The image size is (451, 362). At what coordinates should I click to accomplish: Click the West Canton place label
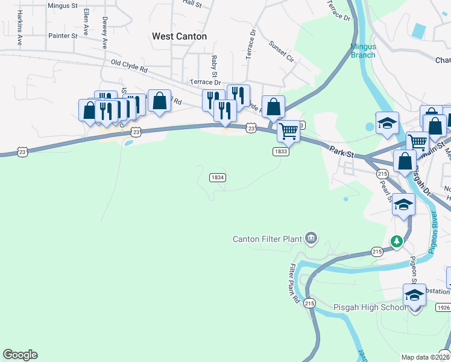click(179, 36)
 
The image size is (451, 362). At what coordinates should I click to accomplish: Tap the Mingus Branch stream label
click(363, 51)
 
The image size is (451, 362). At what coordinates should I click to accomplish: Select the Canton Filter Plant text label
click(267, 239)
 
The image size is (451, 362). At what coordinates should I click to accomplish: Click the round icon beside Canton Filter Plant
click(311, 238)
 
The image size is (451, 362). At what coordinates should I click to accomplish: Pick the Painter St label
click(63, 36)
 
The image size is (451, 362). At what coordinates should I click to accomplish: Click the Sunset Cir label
click(281, 51)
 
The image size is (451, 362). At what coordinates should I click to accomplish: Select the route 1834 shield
click(218, 177)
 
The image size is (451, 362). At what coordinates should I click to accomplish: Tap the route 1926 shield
click(444, 308)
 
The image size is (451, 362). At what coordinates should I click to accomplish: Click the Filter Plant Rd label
click(294, 282)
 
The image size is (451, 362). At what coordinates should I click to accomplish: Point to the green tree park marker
click(396, 241)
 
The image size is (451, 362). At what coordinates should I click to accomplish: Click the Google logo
click(20, 355)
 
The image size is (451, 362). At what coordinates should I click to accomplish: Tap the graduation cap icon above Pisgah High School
click(414, 295)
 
